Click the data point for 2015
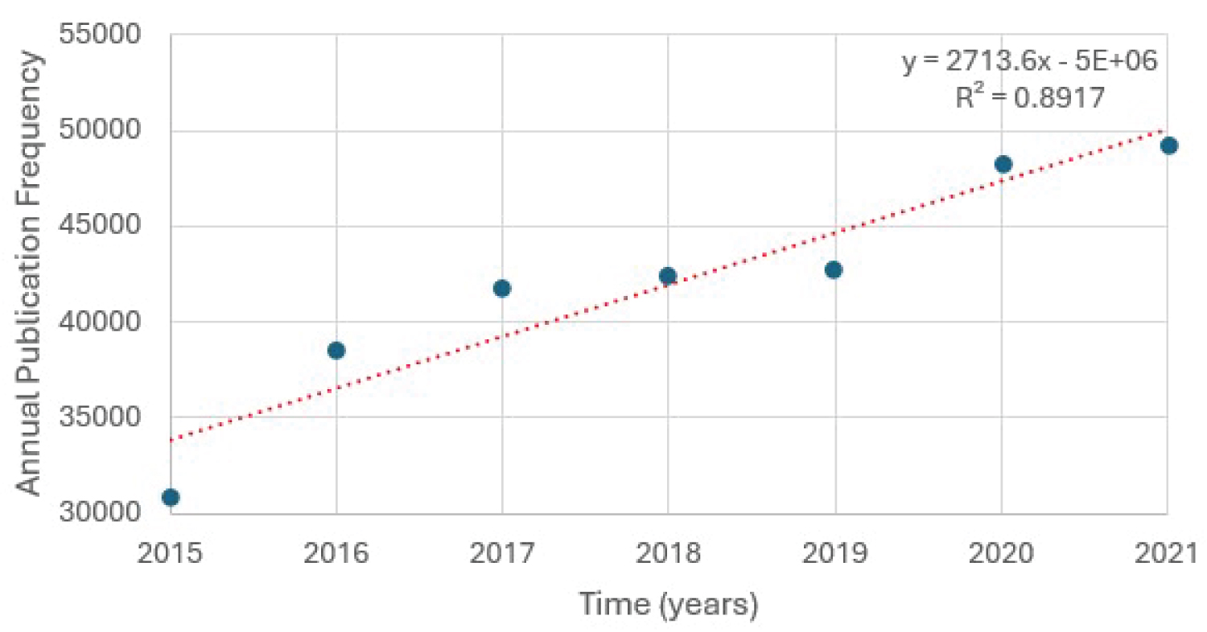tap(171, 497)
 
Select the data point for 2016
tap(336, 351)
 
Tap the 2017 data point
tap(502, 289)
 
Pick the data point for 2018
tap(667, 276)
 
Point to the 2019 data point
tap(834, 269)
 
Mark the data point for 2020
tap(1003, 164)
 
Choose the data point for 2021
tap(1169, 146)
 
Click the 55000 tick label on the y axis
tap(101, 36)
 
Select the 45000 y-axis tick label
tap(101, 227)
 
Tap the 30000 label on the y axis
tap(101, 513)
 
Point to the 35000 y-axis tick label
tap(101, 418)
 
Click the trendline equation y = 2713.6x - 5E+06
tap(1029, 62)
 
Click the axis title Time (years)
tap(669, 604)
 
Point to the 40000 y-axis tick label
tap(101, 322)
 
